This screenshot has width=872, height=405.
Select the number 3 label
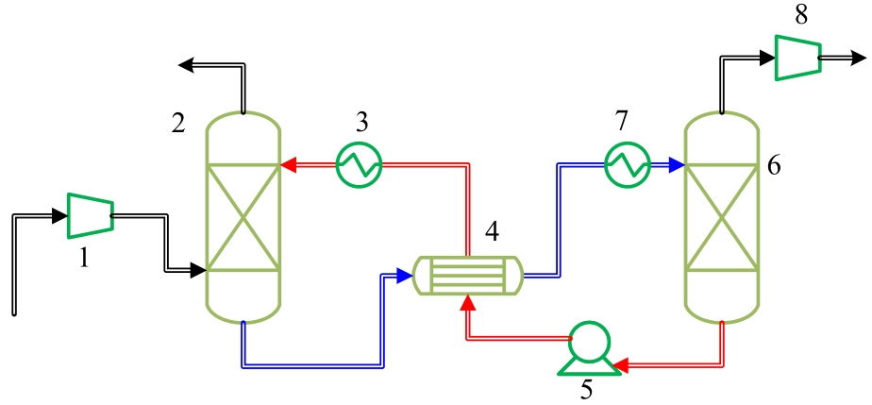coord(361,123)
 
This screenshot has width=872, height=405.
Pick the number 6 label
coord(774,166)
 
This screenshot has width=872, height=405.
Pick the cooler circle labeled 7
coord(627,165)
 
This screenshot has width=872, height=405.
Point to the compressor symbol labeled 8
coord(797,58)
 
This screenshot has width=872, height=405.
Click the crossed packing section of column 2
coord(243,218)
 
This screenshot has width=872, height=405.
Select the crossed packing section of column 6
coord(721,218)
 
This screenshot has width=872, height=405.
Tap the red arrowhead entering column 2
coord(289,165)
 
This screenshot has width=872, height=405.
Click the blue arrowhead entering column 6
coord(675,165)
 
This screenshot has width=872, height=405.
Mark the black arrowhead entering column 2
coord(197,271)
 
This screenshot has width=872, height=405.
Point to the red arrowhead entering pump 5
coord(618,363)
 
